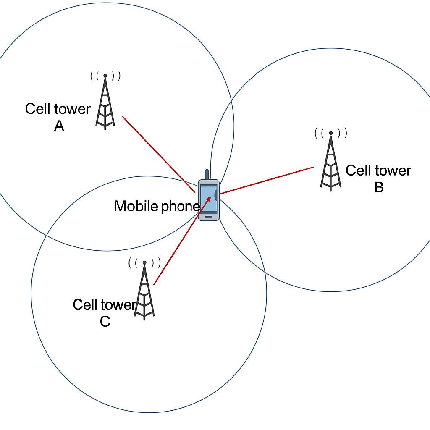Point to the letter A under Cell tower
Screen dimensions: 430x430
click(x=59, y=126)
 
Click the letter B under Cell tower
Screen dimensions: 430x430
click(x=379, y=187)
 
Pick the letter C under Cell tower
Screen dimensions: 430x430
click(x=105, y=321)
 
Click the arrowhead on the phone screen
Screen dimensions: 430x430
click(x=208, y=198)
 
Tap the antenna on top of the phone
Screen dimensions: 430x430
click(x=207, y=174)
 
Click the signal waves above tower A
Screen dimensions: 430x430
click(x=105, y=76)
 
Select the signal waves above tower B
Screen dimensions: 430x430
click(x=331, y=134)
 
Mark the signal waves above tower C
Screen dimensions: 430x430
click(x=144, y=263)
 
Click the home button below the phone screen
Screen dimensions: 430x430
click(x=209, y=217)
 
